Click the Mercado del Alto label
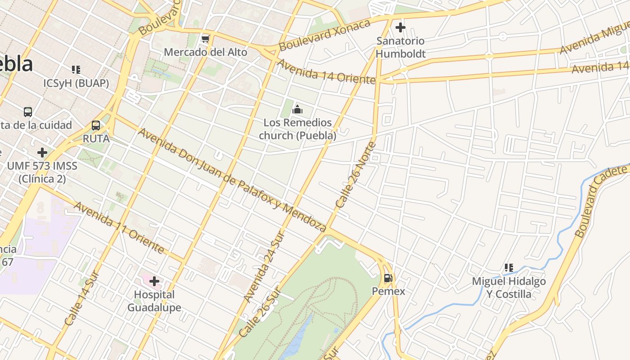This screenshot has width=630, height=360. pyautogui.click(x=205, y=52)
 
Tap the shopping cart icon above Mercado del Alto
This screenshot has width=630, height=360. pyautogui.click(x=206, y=39)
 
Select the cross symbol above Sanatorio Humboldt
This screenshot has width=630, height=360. pyautogui.click(x=400, y=28)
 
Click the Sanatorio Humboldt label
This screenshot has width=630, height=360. pyautogui.click(x=400, y=47)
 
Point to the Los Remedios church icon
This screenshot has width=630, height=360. pyautogui.click(x=297, y=109)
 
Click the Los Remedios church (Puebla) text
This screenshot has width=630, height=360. pyautogui.click(x=297, y=129)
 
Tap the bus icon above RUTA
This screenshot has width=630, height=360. pyautogui.click(x=96, y=126)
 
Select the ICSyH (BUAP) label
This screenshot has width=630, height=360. pyautogui.click(x=76, y=83)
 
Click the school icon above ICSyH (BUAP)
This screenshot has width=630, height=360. pyautogui.click(x=76, y=70)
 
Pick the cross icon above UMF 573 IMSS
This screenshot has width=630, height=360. pyautogui.click(x=42, y=153)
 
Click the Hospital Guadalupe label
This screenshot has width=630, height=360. pyautogui.click(x=154, y=301)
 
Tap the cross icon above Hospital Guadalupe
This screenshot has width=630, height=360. pyautogui.click(x=154, y=282)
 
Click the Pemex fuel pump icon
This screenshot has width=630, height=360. pyautogui.click(x=388, y=278)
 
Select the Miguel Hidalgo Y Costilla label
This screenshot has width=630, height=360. pyautogui.click(x=508, y=288)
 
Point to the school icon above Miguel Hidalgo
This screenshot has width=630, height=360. pyautogui.click(x=509, y=268)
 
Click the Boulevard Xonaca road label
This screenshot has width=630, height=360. pyautogui.click(x=324, y=35)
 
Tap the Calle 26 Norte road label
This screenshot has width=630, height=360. pyautogui.click(x=355, y=175)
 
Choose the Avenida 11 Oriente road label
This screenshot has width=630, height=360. pyautogui.click(x=119, y=228)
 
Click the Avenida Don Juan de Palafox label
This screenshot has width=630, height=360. pyautogui.click(x=232, y=180)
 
